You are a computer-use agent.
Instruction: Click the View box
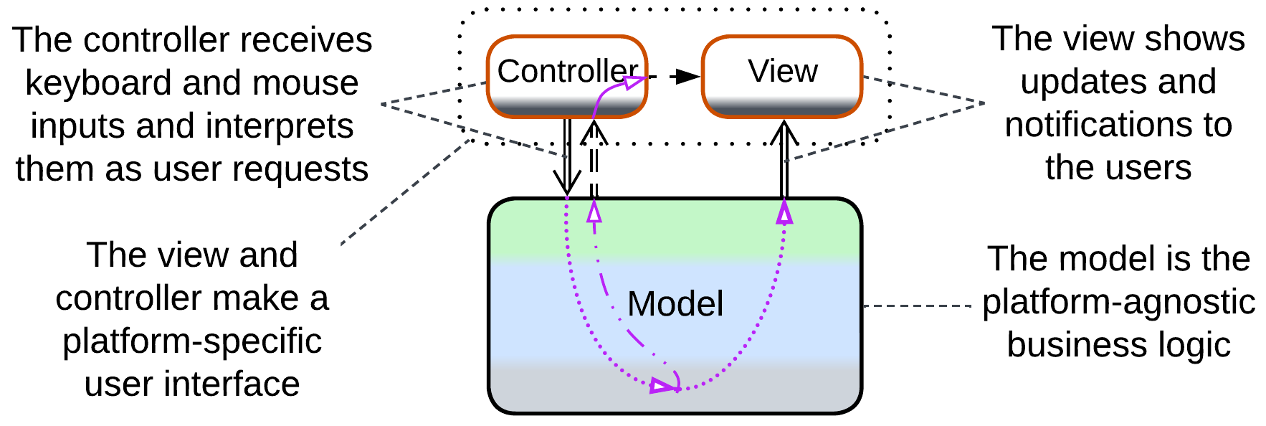tap(782, 75)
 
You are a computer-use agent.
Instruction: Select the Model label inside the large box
tap(675, 303)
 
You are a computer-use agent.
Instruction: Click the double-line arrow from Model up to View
tap(784, 161)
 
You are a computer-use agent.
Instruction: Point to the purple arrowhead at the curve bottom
tap(664, 387)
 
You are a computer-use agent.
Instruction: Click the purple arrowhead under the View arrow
tap(784, 212)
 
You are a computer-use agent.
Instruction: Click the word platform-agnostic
tap(1118, 302)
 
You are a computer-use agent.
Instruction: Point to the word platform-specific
tap(192, 341)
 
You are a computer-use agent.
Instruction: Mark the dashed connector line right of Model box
tap(918, 306)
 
